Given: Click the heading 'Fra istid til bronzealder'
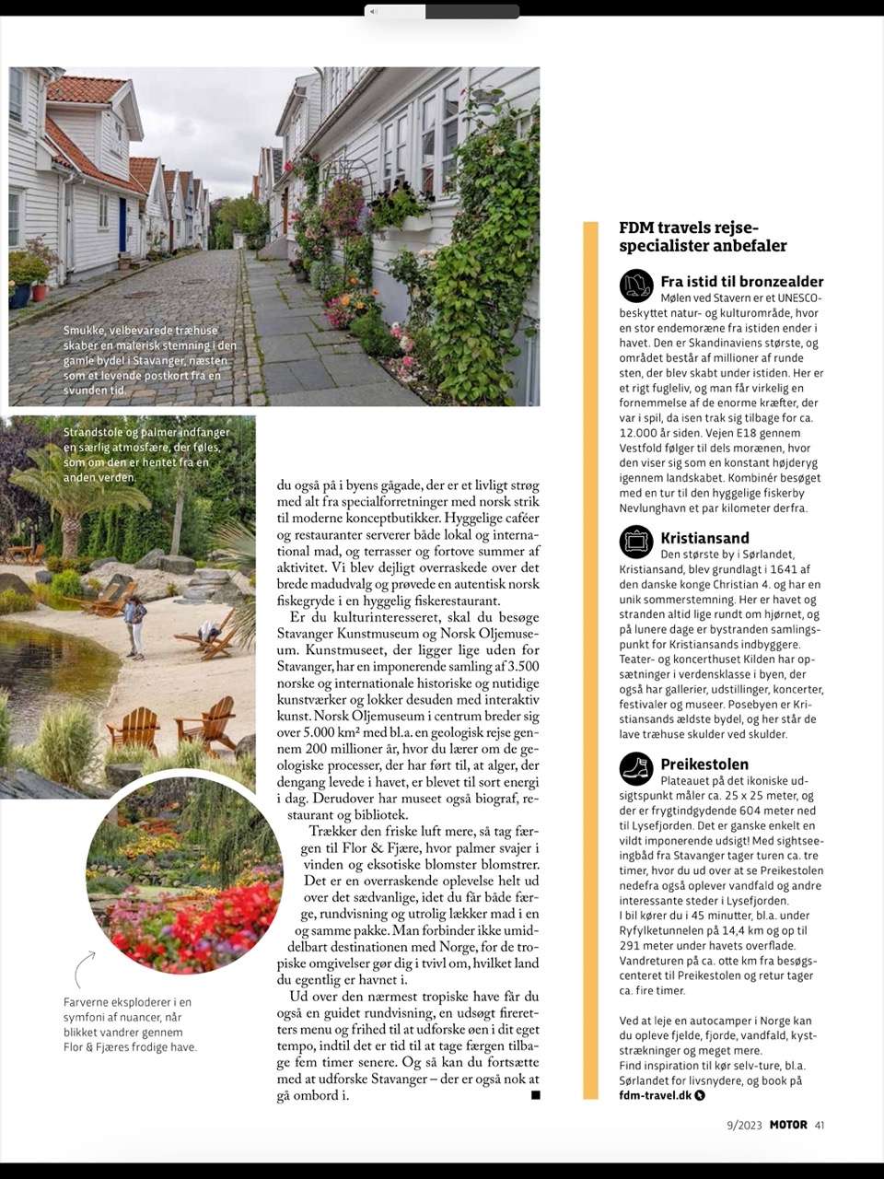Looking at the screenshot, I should [741, 282].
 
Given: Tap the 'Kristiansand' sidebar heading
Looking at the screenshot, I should [704, 538].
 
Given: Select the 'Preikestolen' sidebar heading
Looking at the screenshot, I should [704, 764].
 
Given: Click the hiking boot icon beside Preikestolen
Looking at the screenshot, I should [636, 768].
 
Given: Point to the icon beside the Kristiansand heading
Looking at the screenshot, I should [636, 542].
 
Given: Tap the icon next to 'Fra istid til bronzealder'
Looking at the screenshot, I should [636, 286].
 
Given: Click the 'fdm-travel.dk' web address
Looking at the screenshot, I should [655, 1095].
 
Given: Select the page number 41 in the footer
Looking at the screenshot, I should [820, 1125].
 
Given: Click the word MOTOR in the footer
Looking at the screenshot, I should [787, 1125].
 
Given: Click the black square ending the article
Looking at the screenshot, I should [535, 1095].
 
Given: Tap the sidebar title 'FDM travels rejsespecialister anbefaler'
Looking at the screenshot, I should [703, 237].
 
